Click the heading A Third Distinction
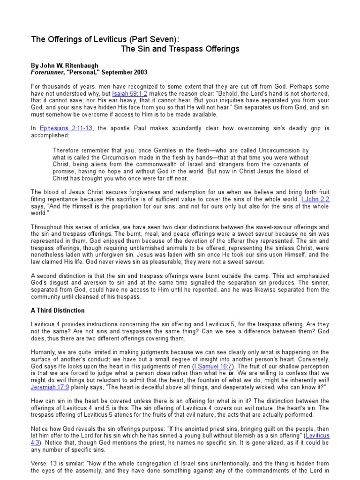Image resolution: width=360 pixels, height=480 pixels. point(58,310)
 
